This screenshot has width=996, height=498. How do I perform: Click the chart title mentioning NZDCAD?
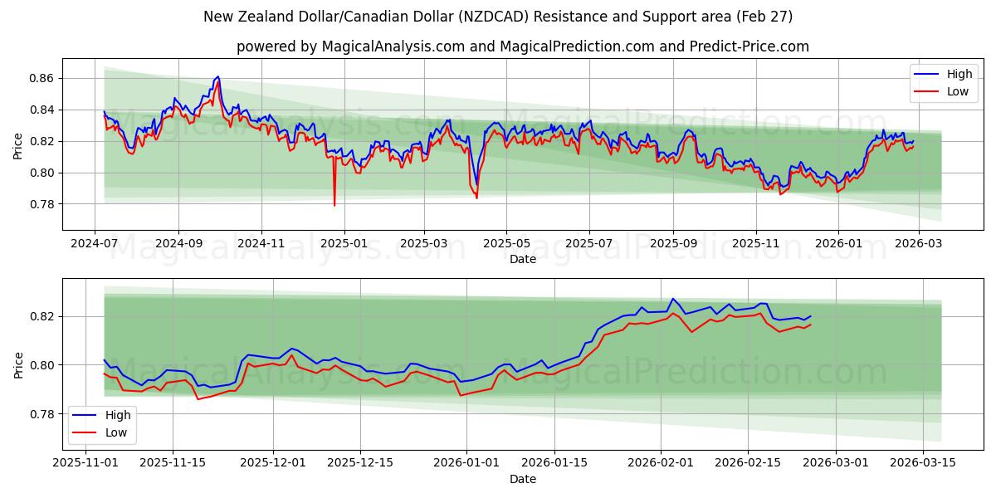click(498, 17)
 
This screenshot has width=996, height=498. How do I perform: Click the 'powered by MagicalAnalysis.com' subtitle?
click(523, 46)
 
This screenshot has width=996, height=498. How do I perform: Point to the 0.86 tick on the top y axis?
click(42, 78)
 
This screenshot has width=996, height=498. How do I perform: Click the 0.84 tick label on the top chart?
click(42, 110)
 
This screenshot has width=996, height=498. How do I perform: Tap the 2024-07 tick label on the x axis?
click(95, 244)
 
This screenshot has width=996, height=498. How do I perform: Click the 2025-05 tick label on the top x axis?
click(506, 244)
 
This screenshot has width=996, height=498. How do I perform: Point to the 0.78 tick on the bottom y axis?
click(42, 414)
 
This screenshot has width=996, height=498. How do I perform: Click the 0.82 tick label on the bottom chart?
click(42, 316)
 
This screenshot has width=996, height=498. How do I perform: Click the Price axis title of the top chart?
click(18, 144)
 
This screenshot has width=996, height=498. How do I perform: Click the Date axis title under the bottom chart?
click(523, 479)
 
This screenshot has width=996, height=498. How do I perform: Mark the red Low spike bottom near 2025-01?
click(334, 205)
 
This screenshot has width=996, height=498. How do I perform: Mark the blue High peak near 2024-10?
click(217, 76)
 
